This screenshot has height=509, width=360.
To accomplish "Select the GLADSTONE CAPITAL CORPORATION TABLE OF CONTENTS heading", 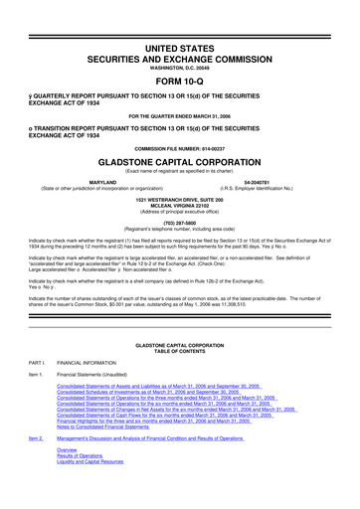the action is (179, 350).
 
